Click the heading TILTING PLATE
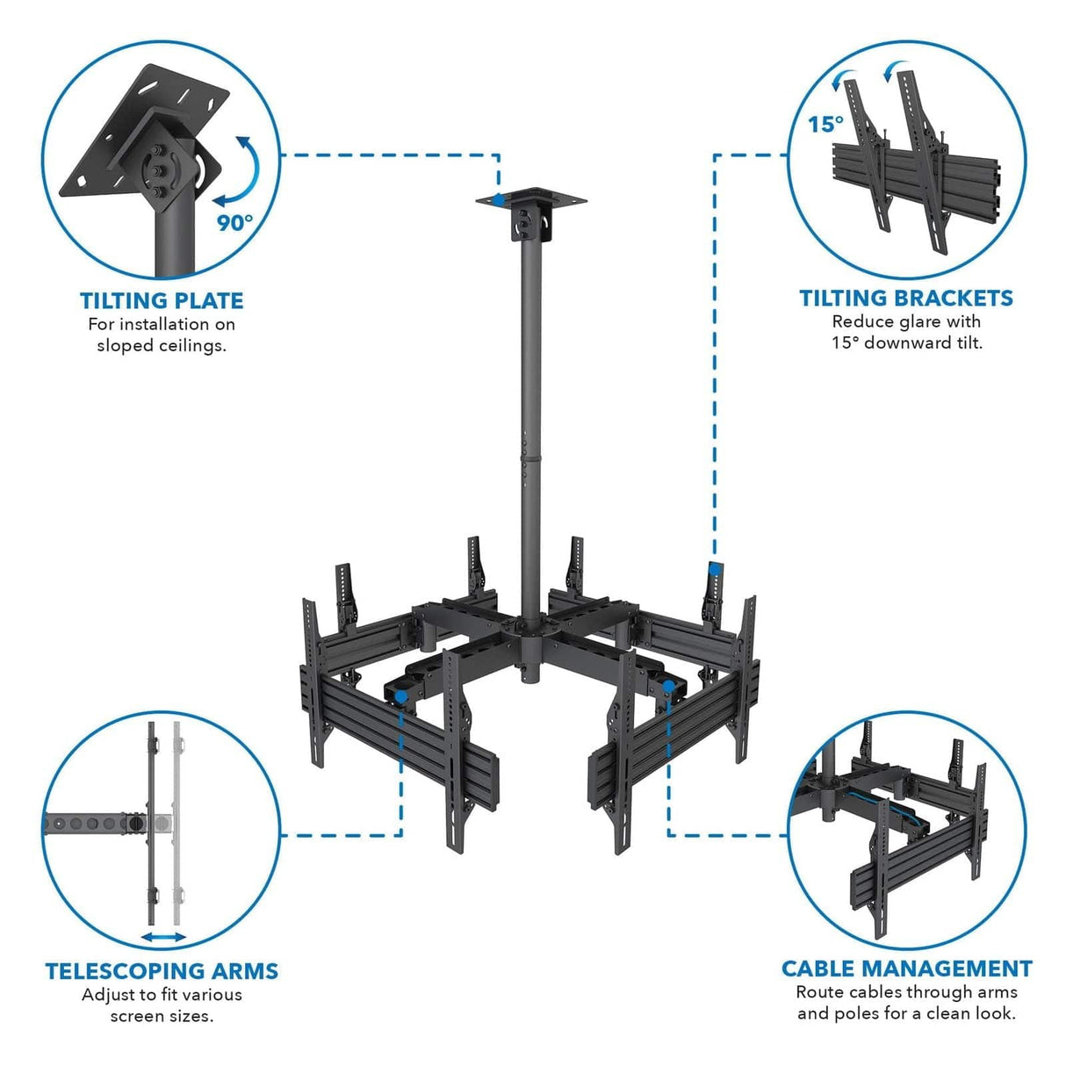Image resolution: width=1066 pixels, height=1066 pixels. [x=162, y=300]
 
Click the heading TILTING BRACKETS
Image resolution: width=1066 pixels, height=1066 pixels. [x=906, y=298]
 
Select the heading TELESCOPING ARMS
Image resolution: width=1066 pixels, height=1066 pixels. [x=162, y=970]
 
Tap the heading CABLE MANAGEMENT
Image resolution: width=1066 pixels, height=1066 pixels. [x=906, y=969]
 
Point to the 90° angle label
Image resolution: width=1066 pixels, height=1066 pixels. [x=234, y=222]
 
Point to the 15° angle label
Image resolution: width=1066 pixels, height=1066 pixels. [x=825, y=124]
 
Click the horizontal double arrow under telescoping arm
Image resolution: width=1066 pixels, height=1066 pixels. [x=163, y=937]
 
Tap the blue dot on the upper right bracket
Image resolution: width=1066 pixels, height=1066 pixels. [x=715, y=569]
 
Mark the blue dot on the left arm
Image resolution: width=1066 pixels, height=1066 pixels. [x=400, y=695]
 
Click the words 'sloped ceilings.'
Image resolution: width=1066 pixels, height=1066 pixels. [x=162, y=345]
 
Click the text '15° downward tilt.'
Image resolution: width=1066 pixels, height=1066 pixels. [x=906, y=342]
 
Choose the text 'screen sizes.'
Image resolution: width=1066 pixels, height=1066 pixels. [x=162, y=1016]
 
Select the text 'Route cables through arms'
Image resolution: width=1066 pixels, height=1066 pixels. [x=906, y=992]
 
